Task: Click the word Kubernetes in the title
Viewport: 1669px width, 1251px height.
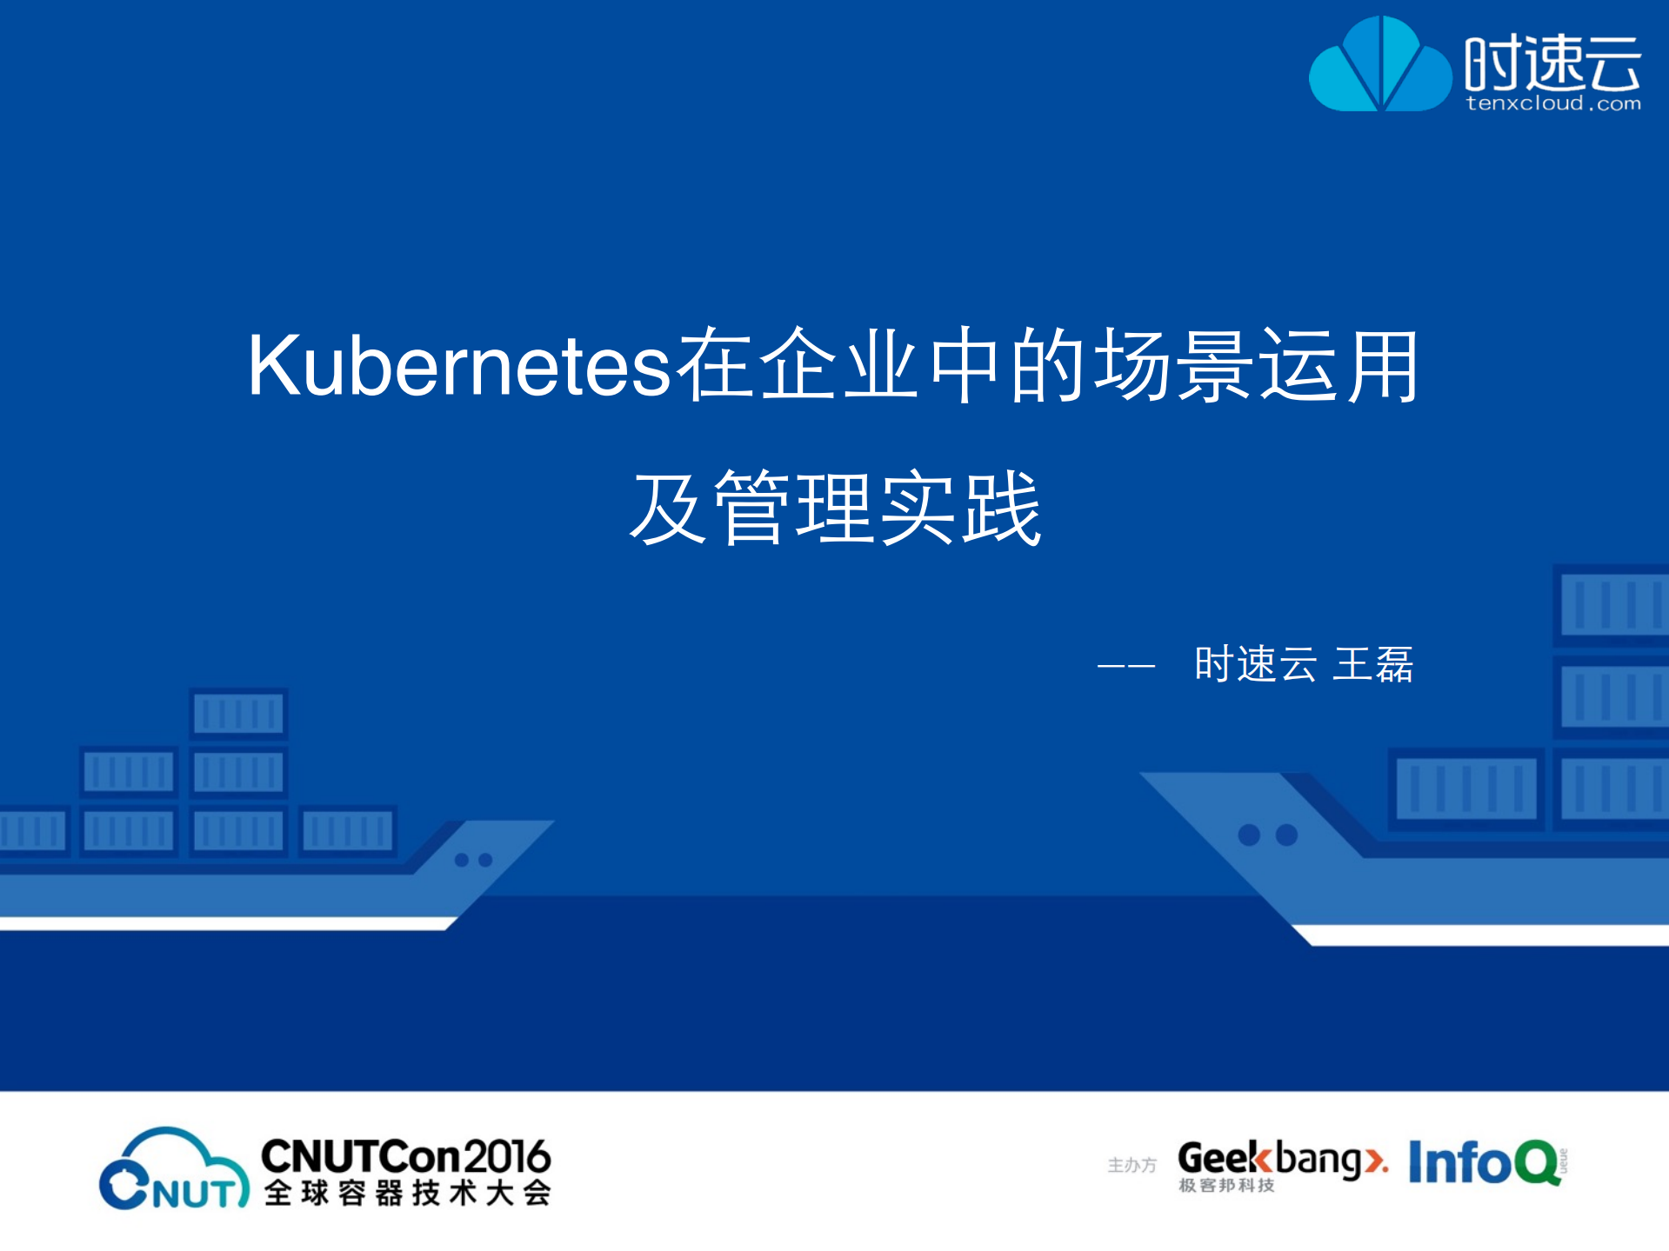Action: [x=459, y=367]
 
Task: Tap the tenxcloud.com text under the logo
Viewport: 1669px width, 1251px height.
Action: [x=1553, y=103]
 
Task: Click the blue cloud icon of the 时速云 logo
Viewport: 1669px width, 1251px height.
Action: [x=1379, y=66]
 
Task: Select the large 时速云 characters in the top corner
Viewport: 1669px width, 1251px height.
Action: [x=1553, y=63]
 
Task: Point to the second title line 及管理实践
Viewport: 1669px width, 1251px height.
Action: [x=835, y=509]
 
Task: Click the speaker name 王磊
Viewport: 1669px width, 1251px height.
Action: [x=1373, y=665]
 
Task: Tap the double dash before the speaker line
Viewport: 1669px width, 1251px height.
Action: [x=1125, y=667]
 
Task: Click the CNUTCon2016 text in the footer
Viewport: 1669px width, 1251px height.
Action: [x=405, y=1157]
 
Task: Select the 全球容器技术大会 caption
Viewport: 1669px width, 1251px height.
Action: [x=407, y=1193]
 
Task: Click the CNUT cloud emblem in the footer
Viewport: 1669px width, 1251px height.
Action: [x=173, y=1169]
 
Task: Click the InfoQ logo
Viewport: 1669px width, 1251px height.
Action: [x=1485, y=1162]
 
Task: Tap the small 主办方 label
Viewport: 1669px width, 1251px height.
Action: [x=1132, y=1165]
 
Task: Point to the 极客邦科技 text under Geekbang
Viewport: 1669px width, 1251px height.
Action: [x=1226, y=1185]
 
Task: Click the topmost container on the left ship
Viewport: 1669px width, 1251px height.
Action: [x=238, y=714]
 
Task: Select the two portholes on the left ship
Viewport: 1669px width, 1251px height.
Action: [x=473, y=860]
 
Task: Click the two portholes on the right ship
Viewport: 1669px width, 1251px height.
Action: [x=1267, y=835]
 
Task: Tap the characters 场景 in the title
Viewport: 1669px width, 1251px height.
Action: [x=1174, y=367]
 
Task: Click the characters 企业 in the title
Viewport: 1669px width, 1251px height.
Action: [x=839, y=367]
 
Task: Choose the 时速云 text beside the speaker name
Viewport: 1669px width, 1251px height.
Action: [x=1255, y=665]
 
